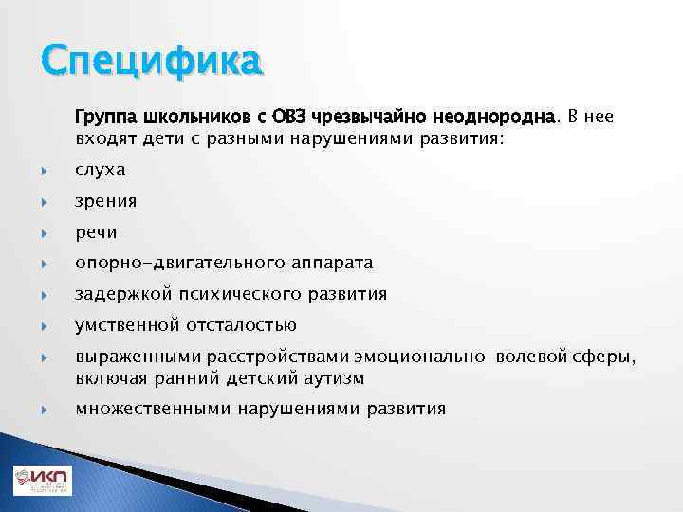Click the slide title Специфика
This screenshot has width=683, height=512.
coord(149,63)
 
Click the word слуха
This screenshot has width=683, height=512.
coord(101,170)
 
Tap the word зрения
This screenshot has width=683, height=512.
coord(106,201)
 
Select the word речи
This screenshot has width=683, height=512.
coord(96,232)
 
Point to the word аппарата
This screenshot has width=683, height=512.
coord(325,263)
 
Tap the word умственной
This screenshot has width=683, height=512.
coord(127,325)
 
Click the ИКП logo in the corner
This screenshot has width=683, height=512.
coord(42,481)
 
